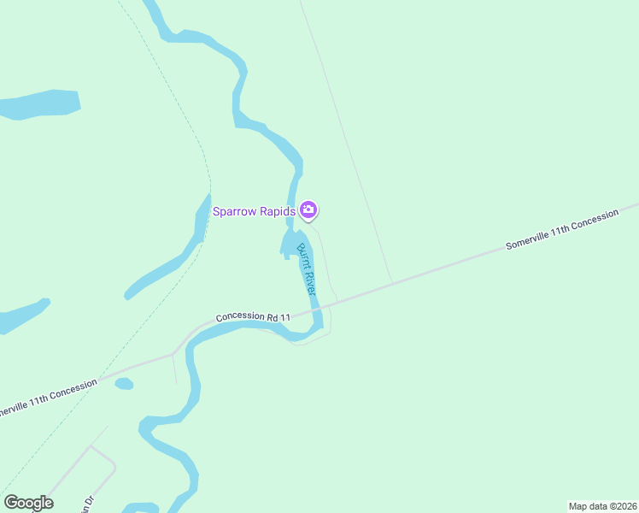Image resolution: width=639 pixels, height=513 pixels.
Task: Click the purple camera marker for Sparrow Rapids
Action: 308,209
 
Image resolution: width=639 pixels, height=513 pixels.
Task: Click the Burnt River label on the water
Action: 307,269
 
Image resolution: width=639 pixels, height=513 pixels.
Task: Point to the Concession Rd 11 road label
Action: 253,316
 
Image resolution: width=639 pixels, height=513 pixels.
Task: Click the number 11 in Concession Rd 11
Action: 285,317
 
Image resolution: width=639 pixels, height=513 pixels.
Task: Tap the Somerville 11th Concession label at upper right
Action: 561,230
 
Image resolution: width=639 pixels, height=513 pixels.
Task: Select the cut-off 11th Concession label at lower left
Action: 47,398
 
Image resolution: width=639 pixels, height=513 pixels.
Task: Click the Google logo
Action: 28,503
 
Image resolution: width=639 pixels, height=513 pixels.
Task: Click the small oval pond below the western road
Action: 124,384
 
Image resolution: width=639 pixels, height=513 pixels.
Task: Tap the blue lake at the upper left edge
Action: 38,104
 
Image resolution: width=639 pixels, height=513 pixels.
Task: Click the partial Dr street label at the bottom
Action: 85,504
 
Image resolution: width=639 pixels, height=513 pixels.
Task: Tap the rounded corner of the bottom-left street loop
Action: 112,462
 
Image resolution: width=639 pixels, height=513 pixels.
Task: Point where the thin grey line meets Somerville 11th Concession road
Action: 392,281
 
